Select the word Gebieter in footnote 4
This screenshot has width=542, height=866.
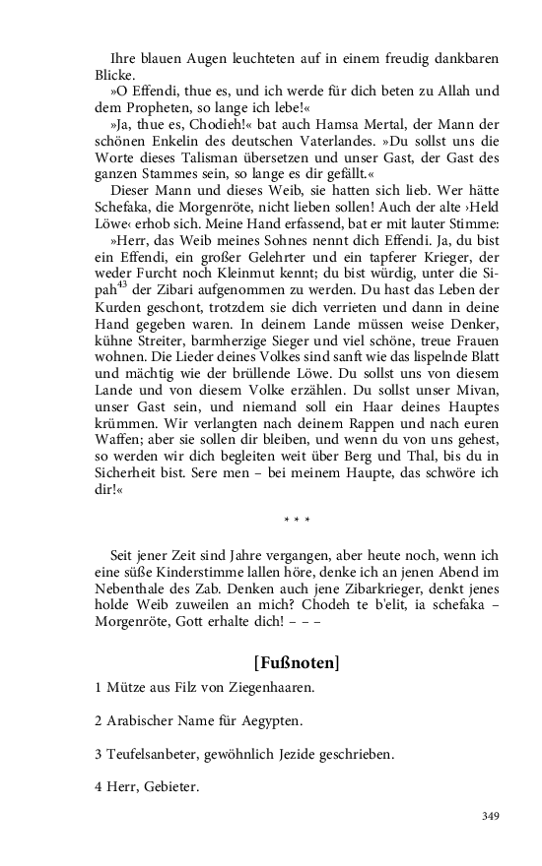(171, 786)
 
